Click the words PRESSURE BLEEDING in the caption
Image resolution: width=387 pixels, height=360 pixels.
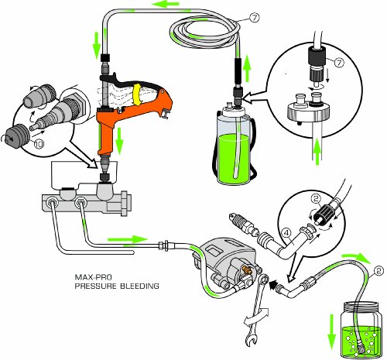[116, 286]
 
